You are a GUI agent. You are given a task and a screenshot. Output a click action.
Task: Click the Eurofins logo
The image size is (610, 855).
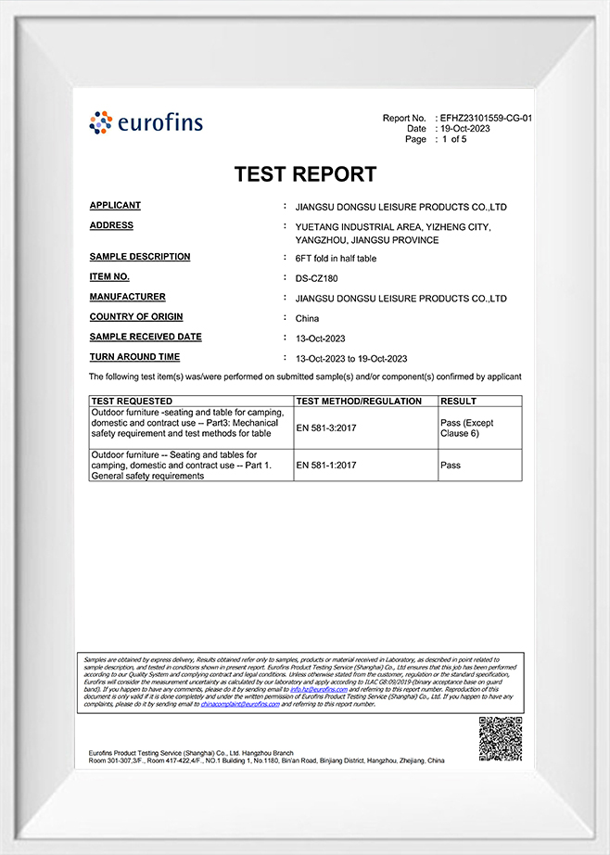click(146, 122)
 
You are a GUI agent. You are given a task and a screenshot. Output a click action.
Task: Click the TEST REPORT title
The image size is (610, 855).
click(305, 174)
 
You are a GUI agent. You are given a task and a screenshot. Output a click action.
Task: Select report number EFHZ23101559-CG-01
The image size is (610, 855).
click(486, 119)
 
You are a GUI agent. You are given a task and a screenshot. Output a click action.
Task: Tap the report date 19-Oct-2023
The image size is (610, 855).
click(465, 129)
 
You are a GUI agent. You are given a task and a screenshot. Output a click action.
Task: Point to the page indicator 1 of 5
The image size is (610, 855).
click(454, 139)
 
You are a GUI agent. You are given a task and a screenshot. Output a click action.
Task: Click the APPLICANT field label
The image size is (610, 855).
click(115, 205)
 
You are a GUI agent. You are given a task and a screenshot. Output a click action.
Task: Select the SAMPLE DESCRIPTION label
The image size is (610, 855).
click(140, 257)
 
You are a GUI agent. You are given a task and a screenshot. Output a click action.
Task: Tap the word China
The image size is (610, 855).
click(307, 318)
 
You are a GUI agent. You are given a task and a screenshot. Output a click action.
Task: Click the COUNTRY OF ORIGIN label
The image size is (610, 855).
click(135, 317)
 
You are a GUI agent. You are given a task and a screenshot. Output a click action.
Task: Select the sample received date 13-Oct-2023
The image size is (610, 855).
click(320, 338)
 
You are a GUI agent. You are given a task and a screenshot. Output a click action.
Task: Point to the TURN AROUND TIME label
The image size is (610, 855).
click(134, 357)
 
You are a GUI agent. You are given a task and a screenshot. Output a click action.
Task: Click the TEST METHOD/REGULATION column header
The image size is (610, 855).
click(358, 402)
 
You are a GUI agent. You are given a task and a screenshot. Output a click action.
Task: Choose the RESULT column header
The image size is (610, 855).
click(458, 402)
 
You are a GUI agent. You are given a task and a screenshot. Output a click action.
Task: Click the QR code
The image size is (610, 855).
click(500, 739)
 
